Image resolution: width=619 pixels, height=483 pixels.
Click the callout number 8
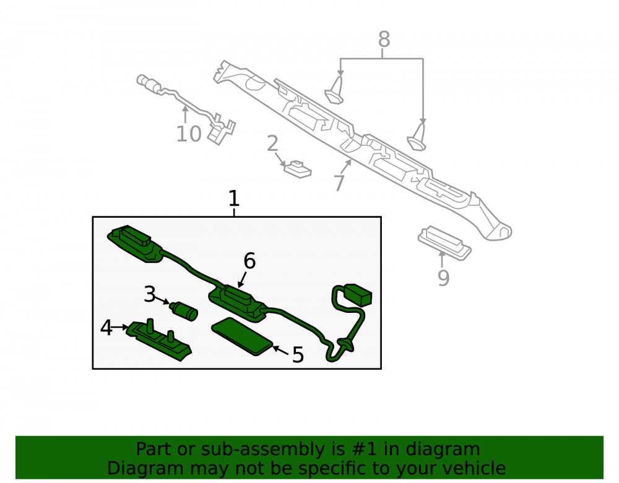[384, 40]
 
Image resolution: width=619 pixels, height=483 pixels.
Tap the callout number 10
[189, 134]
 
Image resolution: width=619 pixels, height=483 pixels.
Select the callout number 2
[272, 143]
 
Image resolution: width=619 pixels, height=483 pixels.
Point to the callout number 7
[339, 183]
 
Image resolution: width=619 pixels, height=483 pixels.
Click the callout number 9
[443, 278]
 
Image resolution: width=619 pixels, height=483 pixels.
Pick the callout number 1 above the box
[234, 199]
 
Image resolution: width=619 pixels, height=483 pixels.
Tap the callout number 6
[249, 260]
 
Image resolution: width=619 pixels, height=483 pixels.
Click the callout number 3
[150, 294]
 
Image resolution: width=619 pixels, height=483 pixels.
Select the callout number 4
[106, 328]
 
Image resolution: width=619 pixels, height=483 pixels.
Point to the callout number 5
[298, 355]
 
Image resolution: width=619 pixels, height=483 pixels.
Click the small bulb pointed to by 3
[184, 310]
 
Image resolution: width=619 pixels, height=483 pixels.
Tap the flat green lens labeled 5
[242, 336]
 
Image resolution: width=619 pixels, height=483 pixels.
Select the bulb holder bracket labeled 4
[158, 340]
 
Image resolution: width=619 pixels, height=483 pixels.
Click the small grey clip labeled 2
[298, 169]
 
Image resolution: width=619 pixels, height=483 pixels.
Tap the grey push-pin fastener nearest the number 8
[335, 90]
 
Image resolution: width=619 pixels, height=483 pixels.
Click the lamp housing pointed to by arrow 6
[237, 302]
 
